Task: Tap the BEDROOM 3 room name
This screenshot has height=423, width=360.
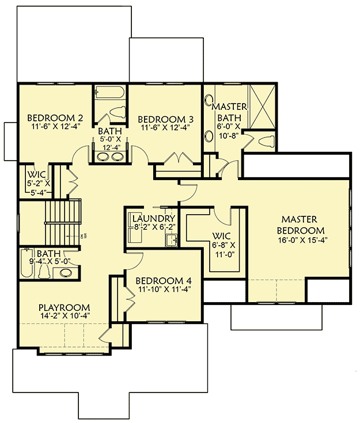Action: coord(165,119)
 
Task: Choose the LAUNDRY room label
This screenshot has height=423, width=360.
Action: coord(153,219)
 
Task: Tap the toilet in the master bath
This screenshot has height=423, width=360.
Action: coord(267,142)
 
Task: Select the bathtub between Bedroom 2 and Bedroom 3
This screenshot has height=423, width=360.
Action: coord(110,93)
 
